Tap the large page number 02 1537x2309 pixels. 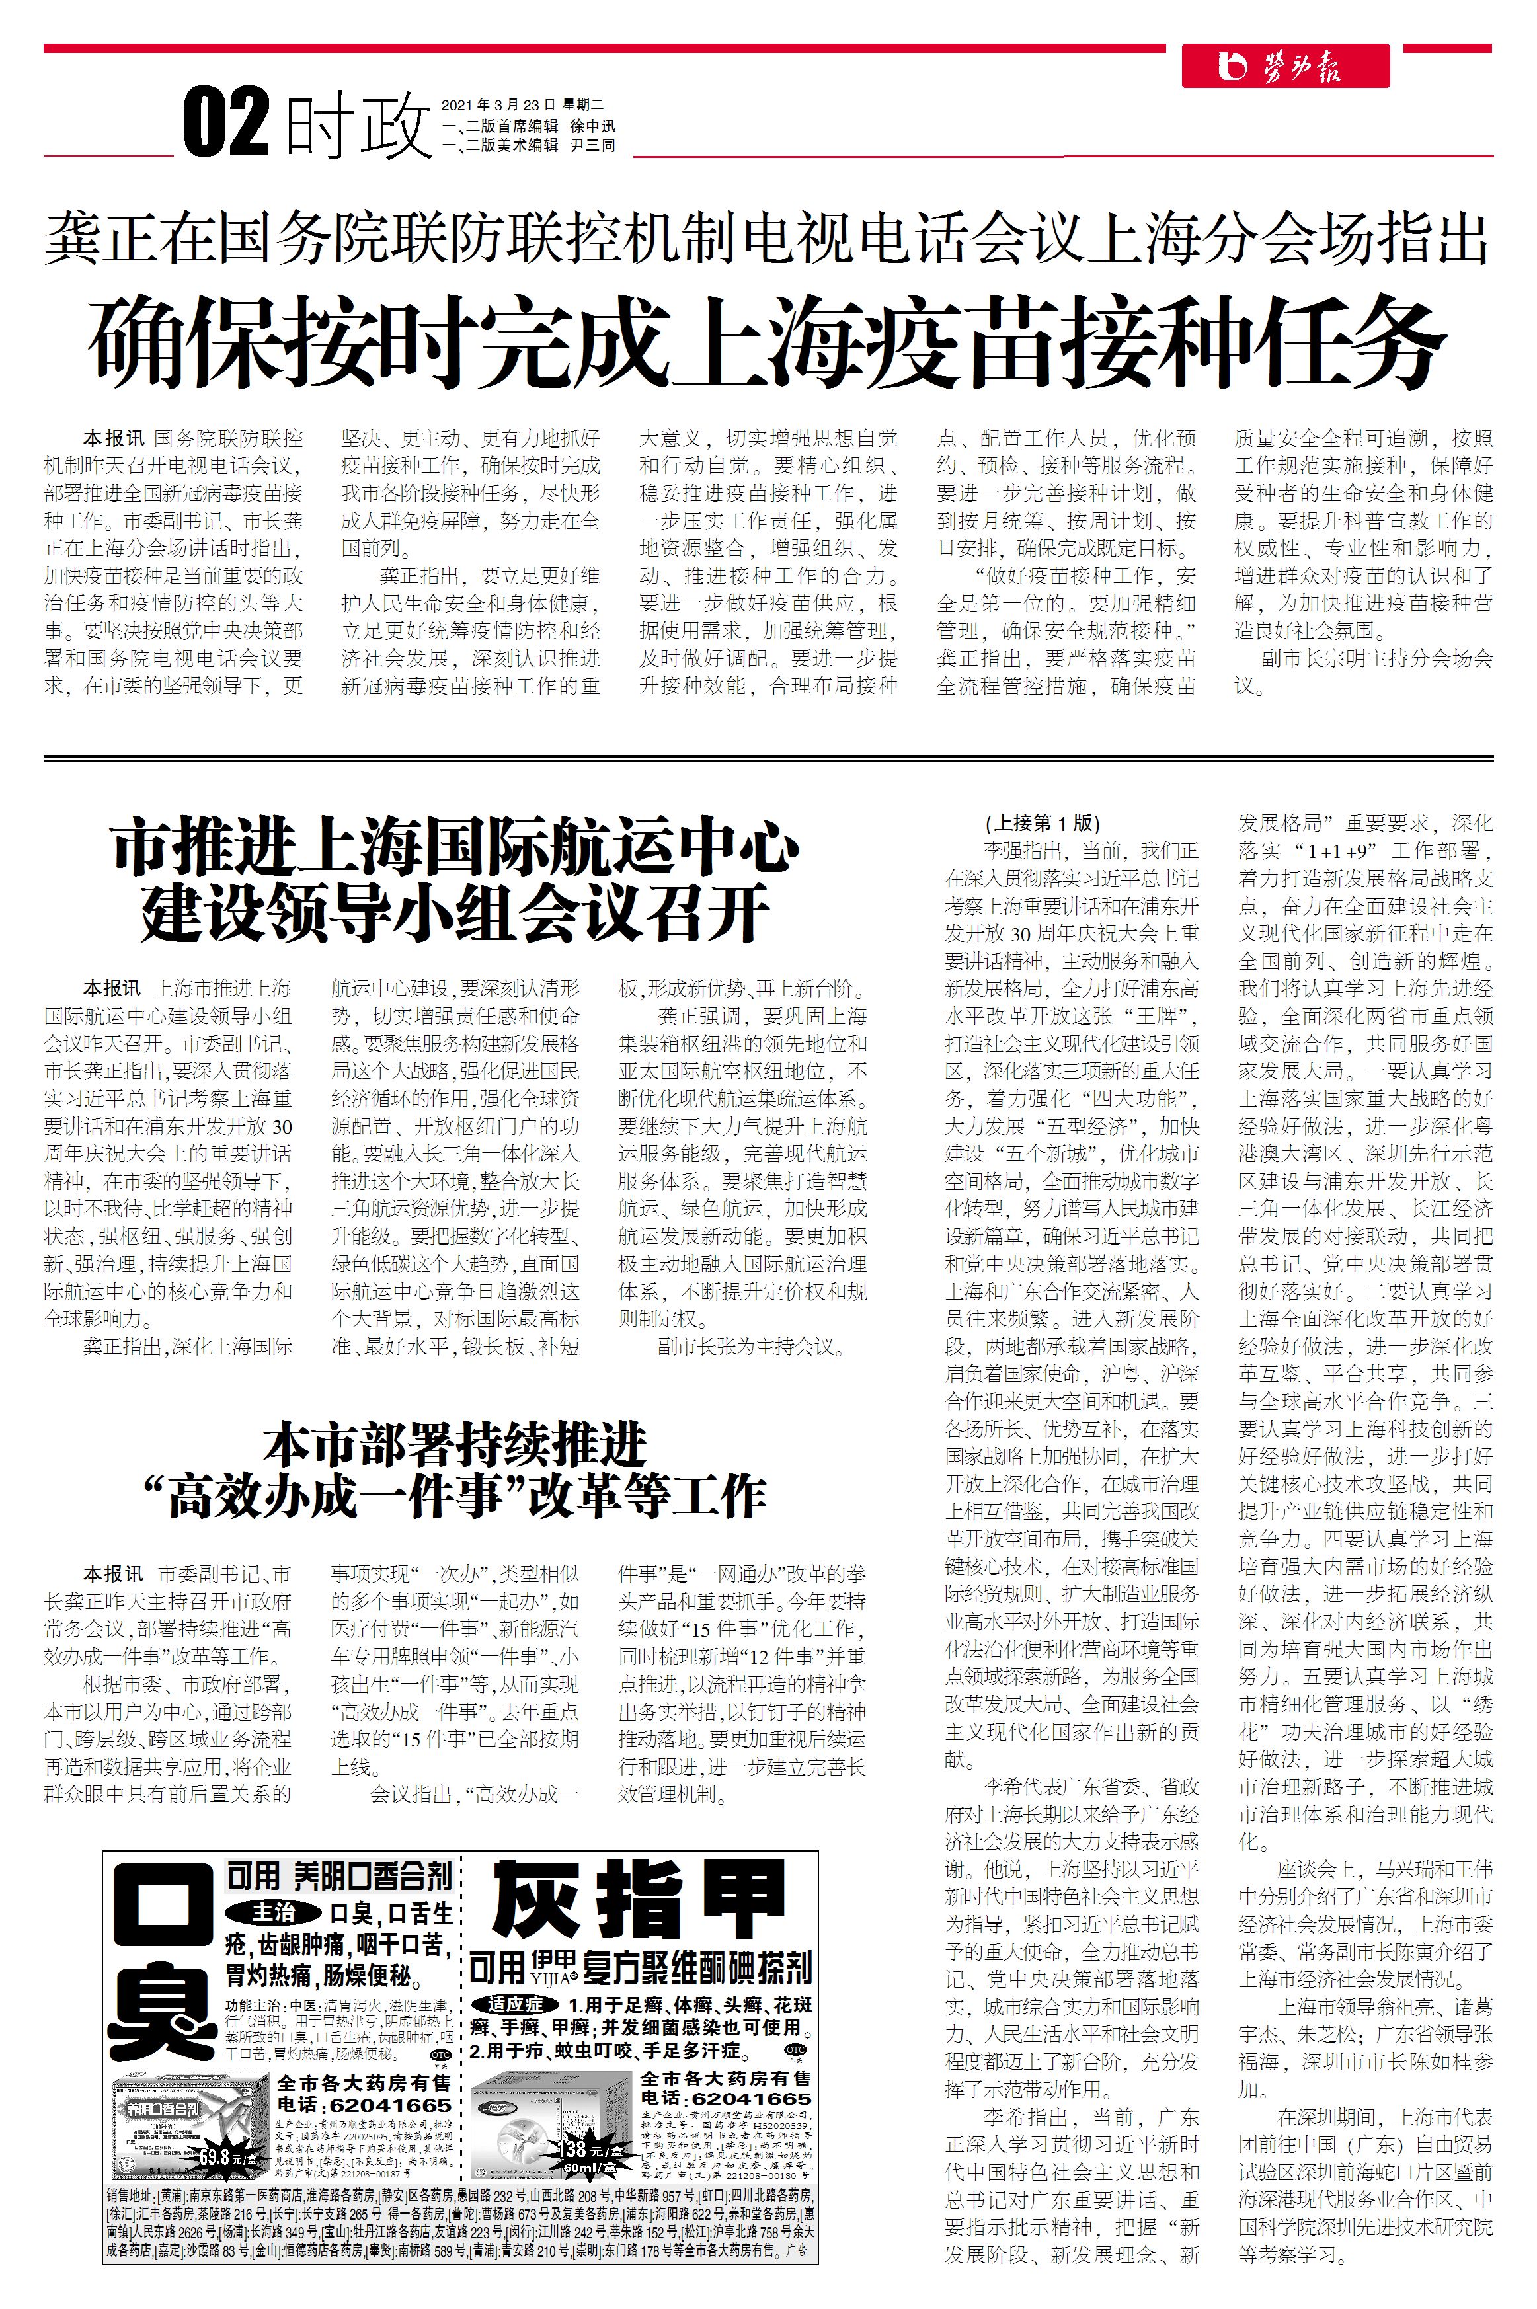click(227, 122)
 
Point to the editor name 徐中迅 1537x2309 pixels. click(593, 126)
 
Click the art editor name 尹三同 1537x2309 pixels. click(593, 145)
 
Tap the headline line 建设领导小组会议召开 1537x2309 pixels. click(455, 912)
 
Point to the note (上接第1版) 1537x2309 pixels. click(1042, 822)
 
